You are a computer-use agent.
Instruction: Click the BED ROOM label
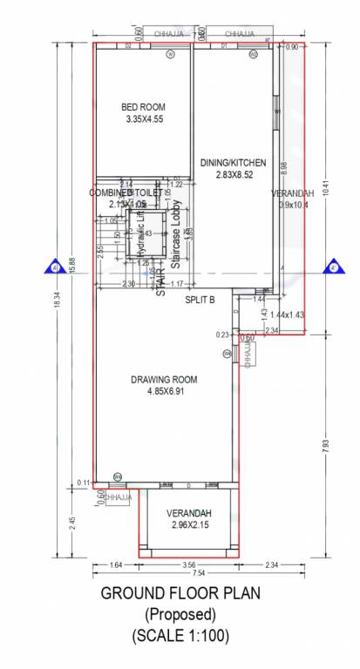click(x=143, y=108)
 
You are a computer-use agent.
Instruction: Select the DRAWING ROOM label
click(x=164, y=380)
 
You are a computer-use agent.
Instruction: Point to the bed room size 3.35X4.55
click(x=143, y=119)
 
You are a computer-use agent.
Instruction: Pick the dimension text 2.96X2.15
click(x=189, y=526)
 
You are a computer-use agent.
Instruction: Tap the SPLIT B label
click(x=200, y=300)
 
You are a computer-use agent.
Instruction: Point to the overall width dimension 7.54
click(x=198, y=574)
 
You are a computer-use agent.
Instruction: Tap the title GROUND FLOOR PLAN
click(x=180, y=595)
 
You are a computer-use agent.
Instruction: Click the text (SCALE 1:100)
click(x=180, y=636)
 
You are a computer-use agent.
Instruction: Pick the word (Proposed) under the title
click(x=180, y=615)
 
